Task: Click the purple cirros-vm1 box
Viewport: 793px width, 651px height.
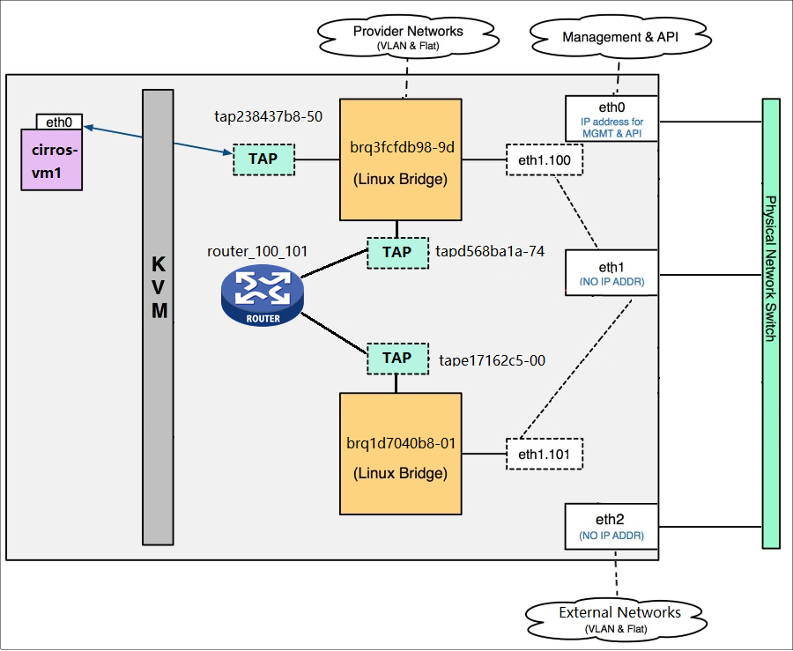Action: click(x=51, y=159)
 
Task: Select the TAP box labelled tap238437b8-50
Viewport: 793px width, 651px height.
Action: click(x=263, y=159)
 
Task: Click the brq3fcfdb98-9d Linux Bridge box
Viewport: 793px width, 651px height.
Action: click(x=400, y=159)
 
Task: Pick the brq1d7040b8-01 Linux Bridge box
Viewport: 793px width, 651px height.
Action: click(x=400, y=454)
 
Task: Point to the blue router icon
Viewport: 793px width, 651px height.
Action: click(x=261, y=296)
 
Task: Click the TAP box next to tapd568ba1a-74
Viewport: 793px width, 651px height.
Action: click(x=397, y=252)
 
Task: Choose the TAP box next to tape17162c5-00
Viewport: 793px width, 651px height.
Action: click(x=397, y=358)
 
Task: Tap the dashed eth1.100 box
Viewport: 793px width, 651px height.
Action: click(x=545, y=160)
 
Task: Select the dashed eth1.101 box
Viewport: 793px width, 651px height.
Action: click(x=545, y=455)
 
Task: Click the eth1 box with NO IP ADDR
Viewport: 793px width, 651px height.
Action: click(x=611, y=273)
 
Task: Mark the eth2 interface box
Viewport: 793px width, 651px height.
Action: click(x=611, y=526)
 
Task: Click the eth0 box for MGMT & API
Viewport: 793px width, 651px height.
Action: click(x=611, y=118)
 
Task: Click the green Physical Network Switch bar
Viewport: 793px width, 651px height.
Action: click(x=771, y=323)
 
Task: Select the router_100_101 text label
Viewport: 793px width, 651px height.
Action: click(x=257, y=252)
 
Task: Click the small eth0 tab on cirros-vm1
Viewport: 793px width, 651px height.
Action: click(x=59, y=122)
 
